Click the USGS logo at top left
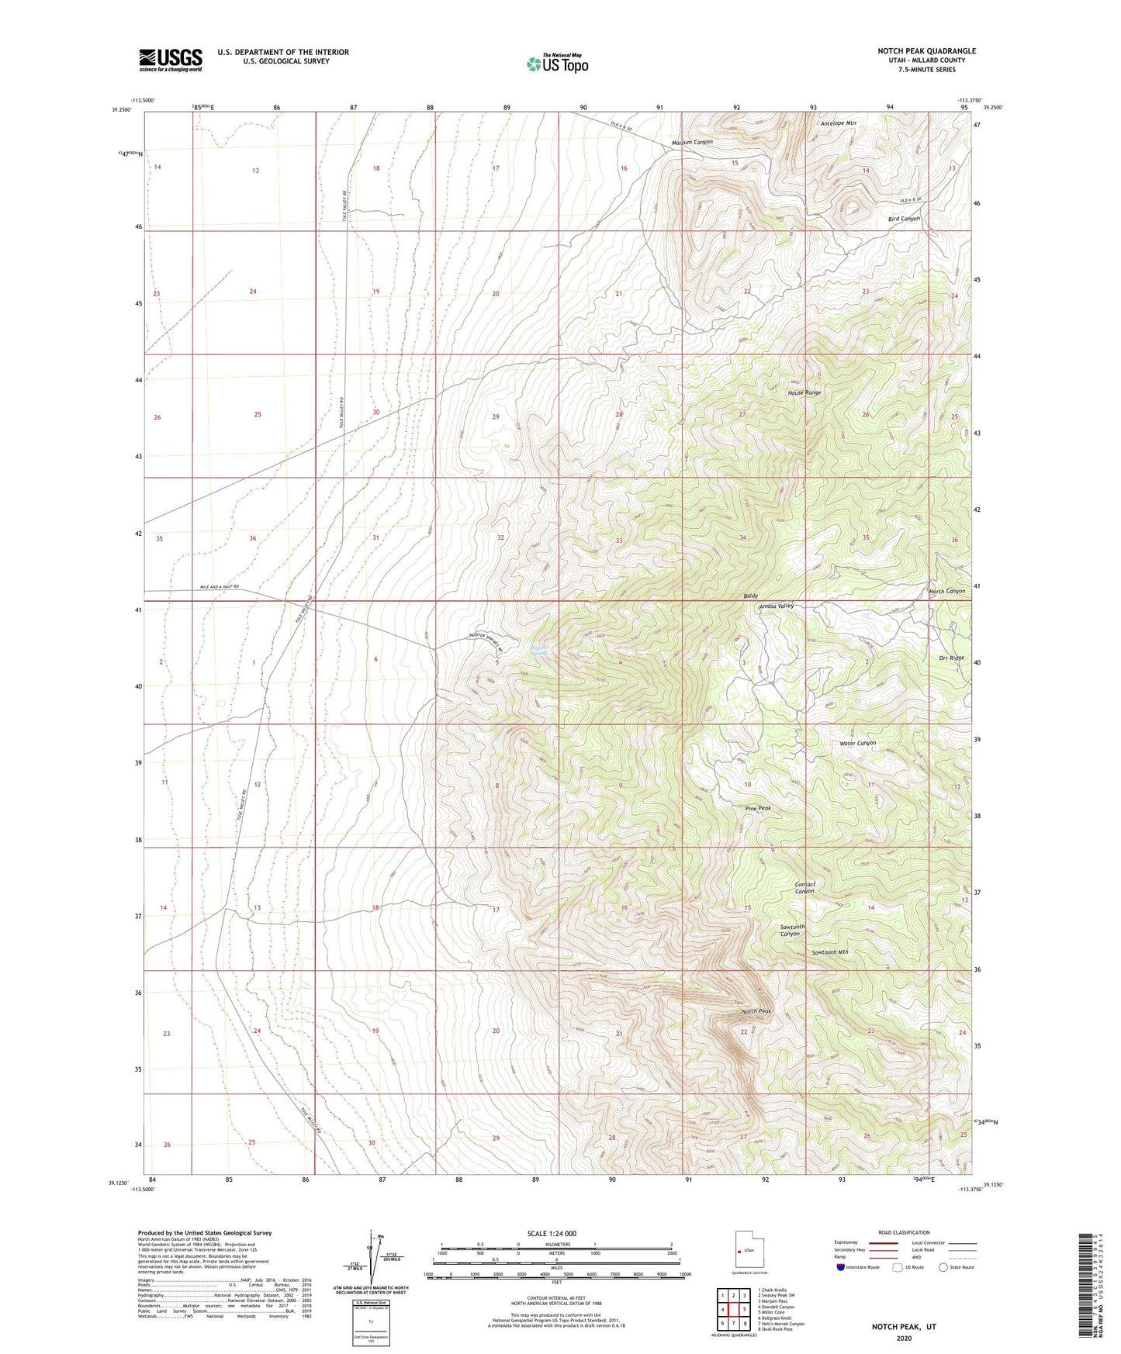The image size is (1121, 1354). tap(171, 59)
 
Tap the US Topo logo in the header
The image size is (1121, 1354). tap(557, 63)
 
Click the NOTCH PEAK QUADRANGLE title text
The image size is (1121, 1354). tap(926, 51)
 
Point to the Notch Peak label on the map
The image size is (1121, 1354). tap(756, 1011)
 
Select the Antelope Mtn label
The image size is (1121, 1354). tap(838, 123)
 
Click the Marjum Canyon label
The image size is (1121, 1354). tap(691, 142)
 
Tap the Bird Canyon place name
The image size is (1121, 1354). tap(904, 219)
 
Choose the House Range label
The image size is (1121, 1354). tap(804, 392)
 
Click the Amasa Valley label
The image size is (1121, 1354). tap(777, 606)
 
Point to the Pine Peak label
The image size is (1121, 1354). tap(758, 808)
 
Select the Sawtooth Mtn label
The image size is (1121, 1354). tap(829, 952)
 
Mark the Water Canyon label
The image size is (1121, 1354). tap(858, 743)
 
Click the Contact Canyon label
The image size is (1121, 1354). tap(804, 887)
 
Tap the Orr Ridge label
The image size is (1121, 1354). tap(951, 658)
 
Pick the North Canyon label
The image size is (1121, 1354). tap(947, 591)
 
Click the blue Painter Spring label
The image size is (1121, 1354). tap(539, 650)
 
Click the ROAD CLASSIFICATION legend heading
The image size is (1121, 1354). tap(904, 1232)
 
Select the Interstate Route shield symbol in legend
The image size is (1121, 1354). tap(842, 1267)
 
